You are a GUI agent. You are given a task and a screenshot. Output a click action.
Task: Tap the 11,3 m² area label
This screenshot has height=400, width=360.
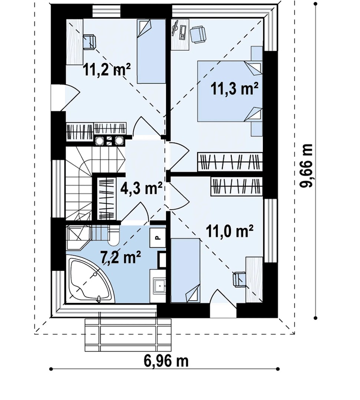click(234, 89)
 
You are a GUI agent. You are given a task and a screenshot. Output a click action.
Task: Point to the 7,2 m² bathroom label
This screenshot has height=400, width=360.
click(121, 257)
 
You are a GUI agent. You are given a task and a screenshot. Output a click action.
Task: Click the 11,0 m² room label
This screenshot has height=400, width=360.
click(229, 231)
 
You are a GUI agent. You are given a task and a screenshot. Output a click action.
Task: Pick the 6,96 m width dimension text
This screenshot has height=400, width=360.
click(166, 361)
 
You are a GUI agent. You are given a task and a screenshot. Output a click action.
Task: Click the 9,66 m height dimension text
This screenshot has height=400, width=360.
click(306, 166)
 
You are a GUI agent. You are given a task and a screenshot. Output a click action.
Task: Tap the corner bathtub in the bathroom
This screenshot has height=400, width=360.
click(90, 280)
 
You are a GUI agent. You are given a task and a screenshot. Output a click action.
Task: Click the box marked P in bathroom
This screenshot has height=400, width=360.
click(158, 238)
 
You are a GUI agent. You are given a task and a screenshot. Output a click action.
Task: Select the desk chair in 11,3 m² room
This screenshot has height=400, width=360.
click(198, 34)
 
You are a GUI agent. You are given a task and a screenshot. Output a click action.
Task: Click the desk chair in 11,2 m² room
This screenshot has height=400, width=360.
click(89, 41)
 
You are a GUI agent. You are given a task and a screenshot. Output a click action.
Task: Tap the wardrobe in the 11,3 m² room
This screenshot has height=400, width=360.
click(230, 162)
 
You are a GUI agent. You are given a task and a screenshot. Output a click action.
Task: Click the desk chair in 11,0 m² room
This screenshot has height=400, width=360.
click(239, 279)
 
